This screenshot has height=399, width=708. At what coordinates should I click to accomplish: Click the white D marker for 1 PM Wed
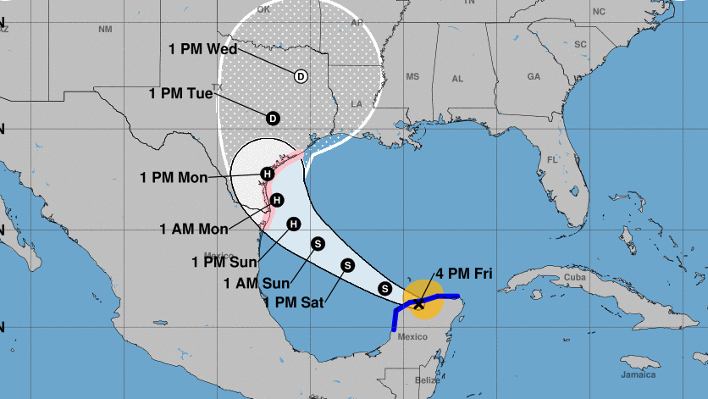[301, 76]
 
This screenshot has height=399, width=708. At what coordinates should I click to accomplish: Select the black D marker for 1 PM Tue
[273, 118]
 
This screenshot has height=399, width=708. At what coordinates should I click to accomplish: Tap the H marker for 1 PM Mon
[267, 175]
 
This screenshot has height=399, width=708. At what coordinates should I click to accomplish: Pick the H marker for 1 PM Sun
[294, 224]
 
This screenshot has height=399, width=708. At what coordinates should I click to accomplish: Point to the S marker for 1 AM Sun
[318, 243]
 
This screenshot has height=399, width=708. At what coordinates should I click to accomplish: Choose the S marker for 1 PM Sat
[347, 265]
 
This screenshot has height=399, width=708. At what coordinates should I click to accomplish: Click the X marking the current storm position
[419, 303]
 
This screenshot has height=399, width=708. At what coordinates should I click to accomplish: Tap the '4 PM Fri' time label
[464, 274]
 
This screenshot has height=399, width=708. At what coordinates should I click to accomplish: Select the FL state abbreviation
[552, 159]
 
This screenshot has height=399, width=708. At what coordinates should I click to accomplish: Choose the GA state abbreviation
[534, 76]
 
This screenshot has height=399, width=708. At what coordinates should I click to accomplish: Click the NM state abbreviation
[105, 30]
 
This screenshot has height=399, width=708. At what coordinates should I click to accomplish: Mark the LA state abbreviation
[356, 104]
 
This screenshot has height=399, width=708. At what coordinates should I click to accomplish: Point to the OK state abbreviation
[263, 10]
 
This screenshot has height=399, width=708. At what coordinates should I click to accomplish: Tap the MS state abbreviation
[412, 76]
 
